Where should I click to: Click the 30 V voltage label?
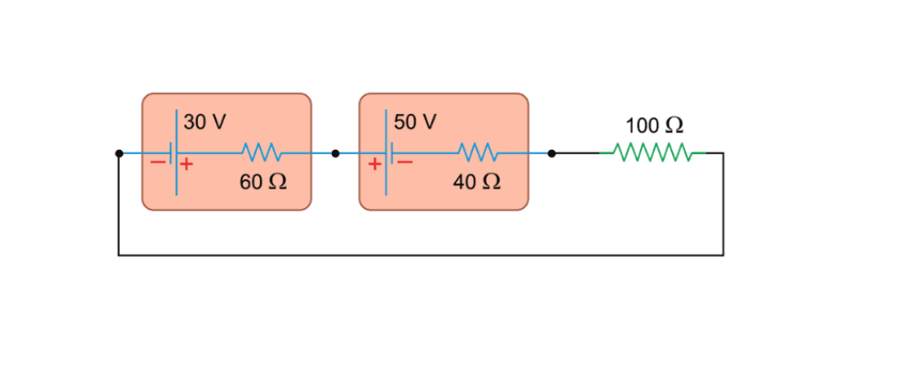(x=205, y=122)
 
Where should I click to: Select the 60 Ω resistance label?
(x=263, y=182)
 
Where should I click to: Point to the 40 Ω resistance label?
(x=477, y=182)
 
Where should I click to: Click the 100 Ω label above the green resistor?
(x=654, y=126)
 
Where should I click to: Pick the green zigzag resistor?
(x=653, y=153)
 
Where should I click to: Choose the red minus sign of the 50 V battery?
(x=404, y=164)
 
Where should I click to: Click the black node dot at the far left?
(x=119, y=153)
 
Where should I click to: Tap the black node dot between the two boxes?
(x=335, y=153)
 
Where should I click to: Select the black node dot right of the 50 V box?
(x=551, y=153)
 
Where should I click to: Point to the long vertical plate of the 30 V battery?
(x=176, y=153)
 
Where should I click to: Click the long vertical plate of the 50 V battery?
(x=386, y=153)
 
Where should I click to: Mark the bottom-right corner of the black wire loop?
(x=723, y=255)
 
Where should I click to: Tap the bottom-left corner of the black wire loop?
(x=119, y=255)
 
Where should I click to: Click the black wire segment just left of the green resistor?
(x=578, y=153)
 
